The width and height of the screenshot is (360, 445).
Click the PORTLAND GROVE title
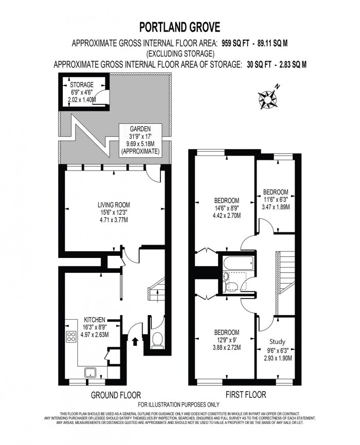[180, 26]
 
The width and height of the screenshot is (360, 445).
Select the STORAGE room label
[82, 84]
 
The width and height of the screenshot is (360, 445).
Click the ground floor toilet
[158, 340]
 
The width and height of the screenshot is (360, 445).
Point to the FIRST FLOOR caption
[245, 396]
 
